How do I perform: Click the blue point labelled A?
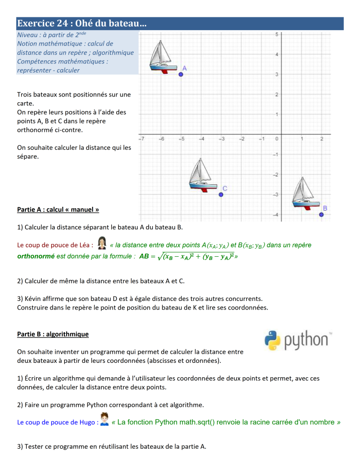[181, 74]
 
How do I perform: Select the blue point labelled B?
[321, 215]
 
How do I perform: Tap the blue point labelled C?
[221, 194]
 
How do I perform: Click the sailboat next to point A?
[162, 57]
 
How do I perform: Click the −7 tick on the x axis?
[141, 139]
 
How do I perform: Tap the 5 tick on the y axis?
[277, 34]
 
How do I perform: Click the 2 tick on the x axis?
[322, 139]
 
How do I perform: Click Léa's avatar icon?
[102, 243]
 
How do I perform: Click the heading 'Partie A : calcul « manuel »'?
[58, 210]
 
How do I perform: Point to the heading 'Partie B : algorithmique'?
[53, 334]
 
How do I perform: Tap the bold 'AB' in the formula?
[144, 256]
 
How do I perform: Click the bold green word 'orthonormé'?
[36, 256]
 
